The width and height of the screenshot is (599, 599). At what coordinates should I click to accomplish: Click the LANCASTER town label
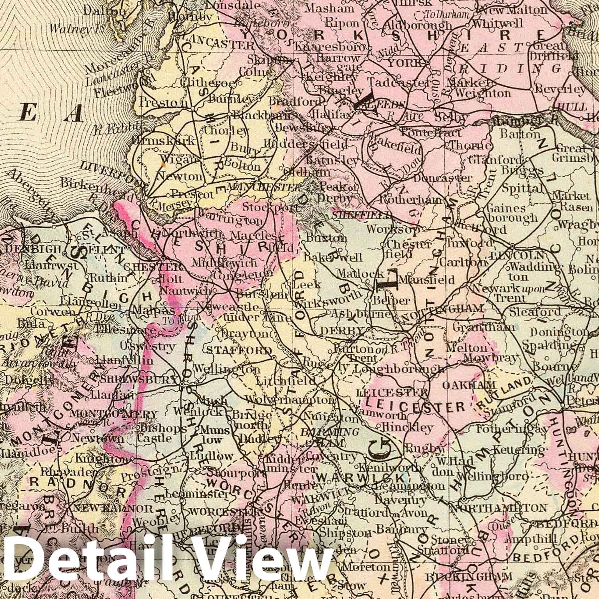pyautogui.click(x=217, y=45)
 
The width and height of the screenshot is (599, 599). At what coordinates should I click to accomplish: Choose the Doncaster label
pyautogui.click(x=442, y=178)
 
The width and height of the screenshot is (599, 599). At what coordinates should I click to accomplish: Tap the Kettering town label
pyautogui.click(x=512, y=449)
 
